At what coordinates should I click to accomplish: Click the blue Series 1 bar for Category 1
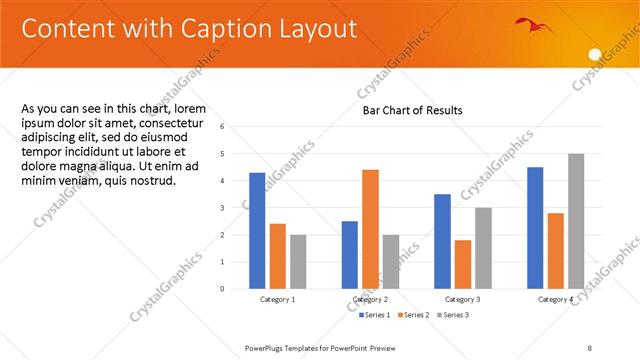(257, 230)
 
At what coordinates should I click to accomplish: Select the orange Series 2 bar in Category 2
(370, 229)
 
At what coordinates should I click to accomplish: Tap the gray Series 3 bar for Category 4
(576, 221)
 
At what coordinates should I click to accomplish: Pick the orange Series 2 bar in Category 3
(463, 264)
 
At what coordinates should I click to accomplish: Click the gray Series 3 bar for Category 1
(298, 261)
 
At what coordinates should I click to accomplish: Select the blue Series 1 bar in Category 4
(535, 227)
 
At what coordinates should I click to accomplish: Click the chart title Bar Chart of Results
(412, 110)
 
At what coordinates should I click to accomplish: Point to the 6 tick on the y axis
(236, 127)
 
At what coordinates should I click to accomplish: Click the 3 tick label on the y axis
(236, 208)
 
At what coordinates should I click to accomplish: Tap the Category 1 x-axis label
(277, 299)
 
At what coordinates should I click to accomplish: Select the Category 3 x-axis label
(463, 299)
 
